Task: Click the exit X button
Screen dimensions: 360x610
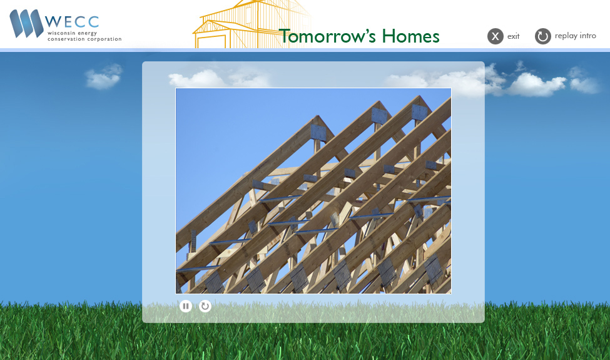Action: click(495, 36)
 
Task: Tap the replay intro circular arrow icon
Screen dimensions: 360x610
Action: click(542, 36)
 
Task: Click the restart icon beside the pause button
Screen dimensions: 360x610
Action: click(205, 306)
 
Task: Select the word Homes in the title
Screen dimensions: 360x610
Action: click(411, 36)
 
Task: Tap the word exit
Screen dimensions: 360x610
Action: click(513, 36)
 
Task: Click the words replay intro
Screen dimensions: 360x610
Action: click(575, 36)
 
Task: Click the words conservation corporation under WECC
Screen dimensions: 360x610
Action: click(84, 39)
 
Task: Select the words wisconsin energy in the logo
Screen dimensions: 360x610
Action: click(73, 32)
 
